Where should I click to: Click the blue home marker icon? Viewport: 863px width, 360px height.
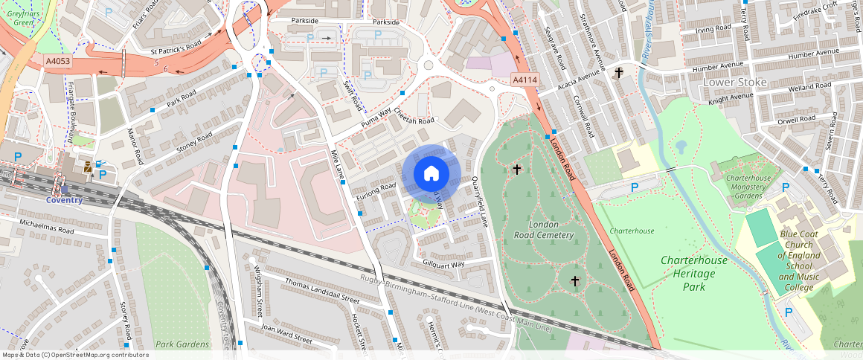click(x=431, y=174)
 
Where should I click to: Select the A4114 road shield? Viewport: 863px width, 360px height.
click(x=524, y=80)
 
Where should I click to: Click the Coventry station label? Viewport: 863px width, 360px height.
click(x=64, y=200)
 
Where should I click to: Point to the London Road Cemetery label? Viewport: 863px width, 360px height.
click(x=544, y=230)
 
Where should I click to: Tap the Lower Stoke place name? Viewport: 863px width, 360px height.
click(x=734, y=82)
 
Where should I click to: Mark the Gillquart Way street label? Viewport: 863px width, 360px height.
click(x=443, y=264)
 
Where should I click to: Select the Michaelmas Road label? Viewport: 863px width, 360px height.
click(x=47, y=227)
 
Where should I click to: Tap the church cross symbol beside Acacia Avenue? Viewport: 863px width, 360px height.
click(x=618, y=72)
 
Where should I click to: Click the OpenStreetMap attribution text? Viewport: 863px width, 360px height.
click(x=75, y=355)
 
